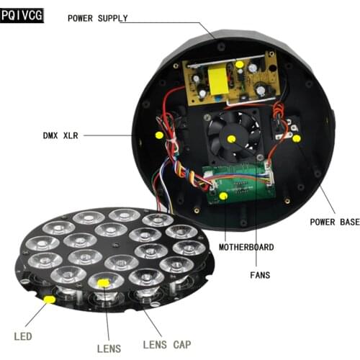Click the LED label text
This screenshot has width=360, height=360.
pos(23,336)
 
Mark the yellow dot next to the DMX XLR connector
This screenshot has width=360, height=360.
pos(159,134)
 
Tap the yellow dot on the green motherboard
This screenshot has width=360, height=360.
pos(223,195)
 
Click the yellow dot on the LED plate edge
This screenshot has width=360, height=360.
pos(49,298)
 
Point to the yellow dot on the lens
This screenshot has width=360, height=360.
pos(103,283)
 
